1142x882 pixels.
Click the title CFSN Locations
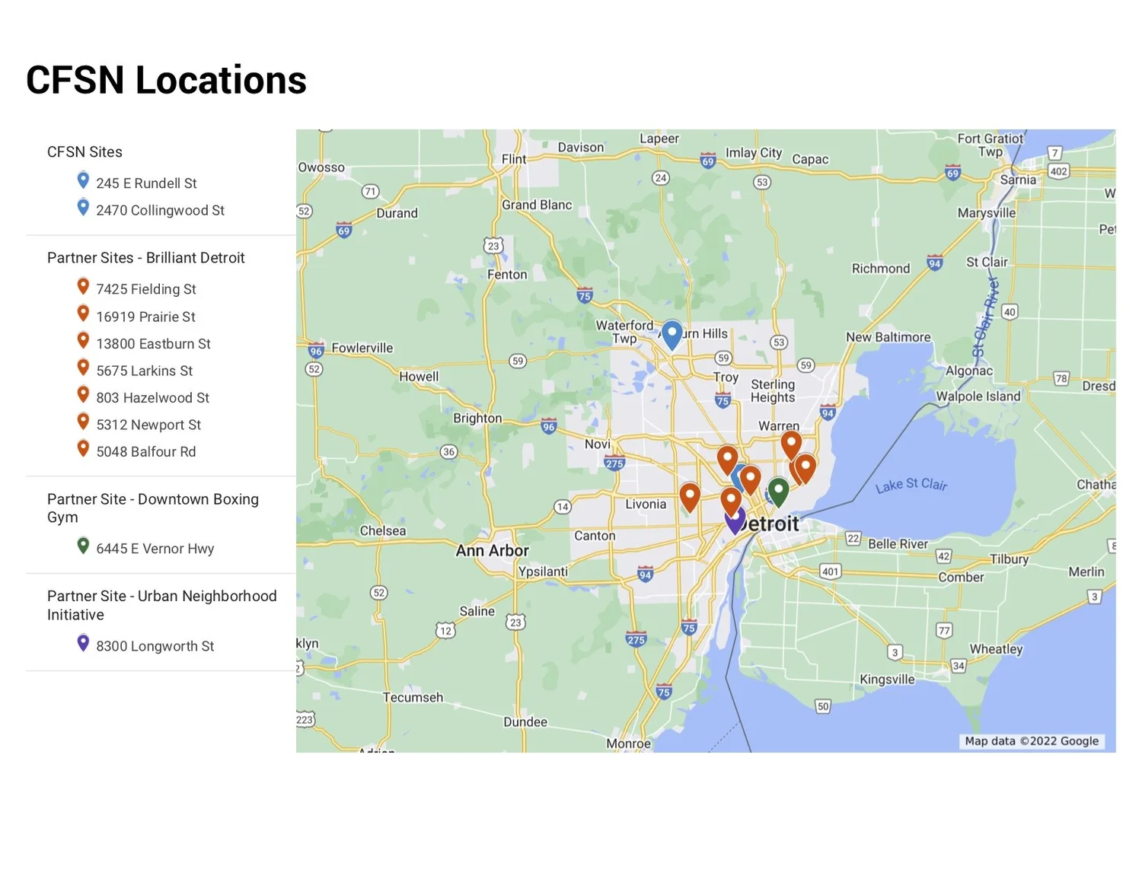(x=166, y=81)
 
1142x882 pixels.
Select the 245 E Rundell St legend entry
(x=146, y=183)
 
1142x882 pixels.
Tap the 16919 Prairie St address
(x=145, y=317)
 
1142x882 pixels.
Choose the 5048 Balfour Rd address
(x=145, y=452)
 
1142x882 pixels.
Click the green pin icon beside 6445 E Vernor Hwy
(x=84, y=546)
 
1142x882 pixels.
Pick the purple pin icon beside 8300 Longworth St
(x=84, y=643)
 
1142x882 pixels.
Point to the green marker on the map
(x=778, y=491)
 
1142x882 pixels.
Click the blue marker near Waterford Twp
(x=671, y=333)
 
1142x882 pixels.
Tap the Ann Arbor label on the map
(x=492, y=550)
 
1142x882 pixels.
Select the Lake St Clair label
(x=911, y=485)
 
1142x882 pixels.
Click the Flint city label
(x=514, y=159)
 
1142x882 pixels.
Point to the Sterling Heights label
(x=773, y=390)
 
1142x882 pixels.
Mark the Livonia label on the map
(x=646, y=504)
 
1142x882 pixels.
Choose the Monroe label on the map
(x=628, y=743)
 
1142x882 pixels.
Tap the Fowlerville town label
(x=362, y=348)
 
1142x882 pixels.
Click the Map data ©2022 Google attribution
(x=1032, y=741)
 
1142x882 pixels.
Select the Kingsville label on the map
(x=887, y=679)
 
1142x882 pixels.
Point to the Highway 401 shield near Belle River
(x=830, y=572)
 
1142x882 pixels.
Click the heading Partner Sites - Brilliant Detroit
(x=146, y=258)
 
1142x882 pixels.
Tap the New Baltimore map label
(x=888, y=337)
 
